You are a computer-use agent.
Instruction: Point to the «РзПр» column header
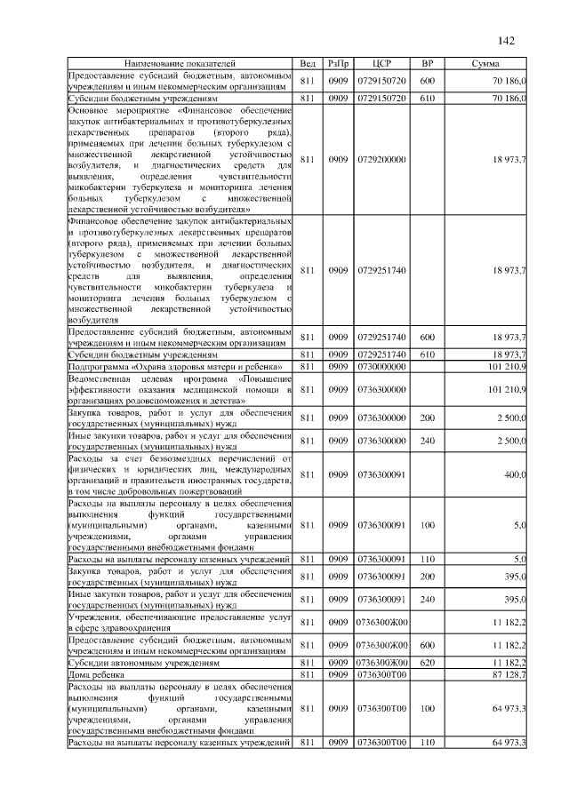point(338,65)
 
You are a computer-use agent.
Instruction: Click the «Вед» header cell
point(308,65)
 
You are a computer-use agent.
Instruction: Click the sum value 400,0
point(515,475)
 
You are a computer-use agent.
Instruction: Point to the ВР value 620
point(427,663)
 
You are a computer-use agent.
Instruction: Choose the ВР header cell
point(427,65)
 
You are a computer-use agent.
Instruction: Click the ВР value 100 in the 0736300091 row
point(427,525)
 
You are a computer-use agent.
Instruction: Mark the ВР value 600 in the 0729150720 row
point(427,82)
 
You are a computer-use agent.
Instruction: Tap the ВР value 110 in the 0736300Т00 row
point(427,742)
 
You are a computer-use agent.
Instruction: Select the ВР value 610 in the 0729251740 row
point(427,354)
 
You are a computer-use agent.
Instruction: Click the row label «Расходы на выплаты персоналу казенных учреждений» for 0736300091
point(180,558)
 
